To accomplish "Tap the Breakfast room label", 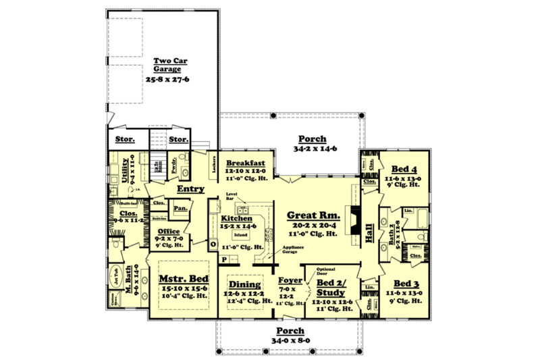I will click(x=244, y=163).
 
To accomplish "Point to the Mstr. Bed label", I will click(x=184, y=278).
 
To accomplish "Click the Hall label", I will click(x=369, y=234).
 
